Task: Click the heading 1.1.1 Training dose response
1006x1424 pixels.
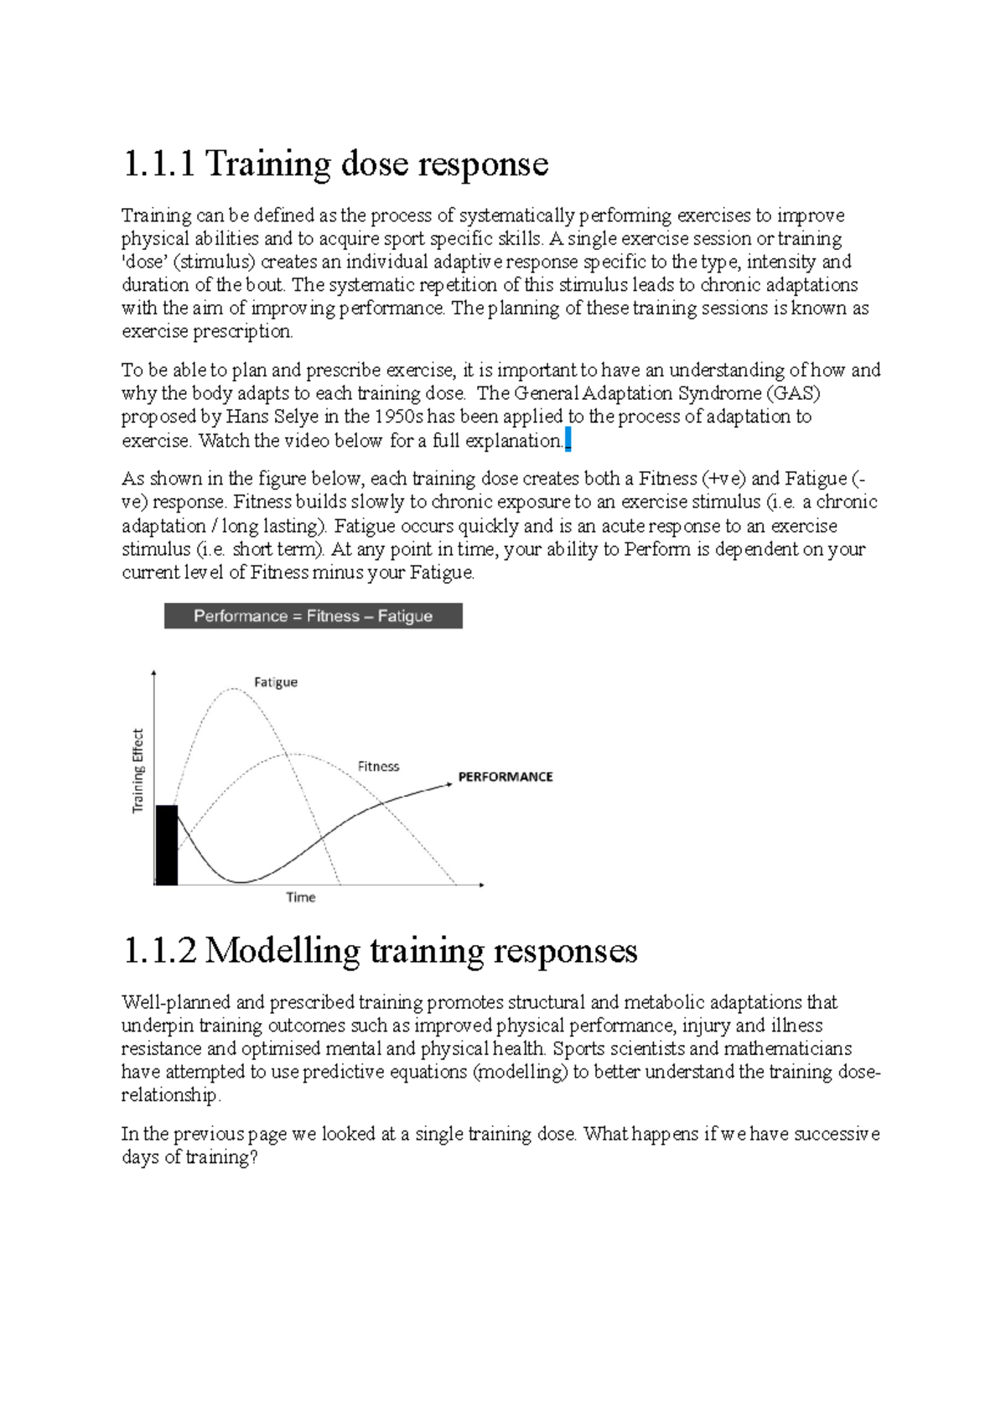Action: (335, 164)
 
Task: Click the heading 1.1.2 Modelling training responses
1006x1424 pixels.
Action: (380, 951)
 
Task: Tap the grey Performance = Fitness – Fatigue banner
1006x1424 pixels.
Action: (313, 616)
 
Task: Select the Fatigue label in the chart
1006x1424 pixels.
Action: (276, 682)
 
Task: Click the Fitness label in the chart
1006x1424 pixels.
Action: (378, 767)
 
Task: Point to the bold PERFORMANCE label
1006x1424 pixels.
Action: (505, 777)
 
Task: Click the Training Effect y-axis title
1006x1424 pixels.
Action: (138, 771)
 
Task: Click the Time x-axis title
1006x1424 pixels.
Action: (300, 897)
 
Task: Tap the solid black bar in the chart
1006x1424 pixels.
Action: (167, 845)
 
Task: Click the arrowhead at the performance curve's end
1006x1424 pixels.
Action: (449, 784)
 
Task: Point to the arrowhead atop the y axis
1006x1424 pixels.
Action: (154, 673)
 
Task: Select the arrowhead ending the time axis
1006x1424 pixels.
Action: (481, 885)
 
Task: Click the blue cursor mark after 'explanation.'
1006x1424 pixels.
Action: (568, 440)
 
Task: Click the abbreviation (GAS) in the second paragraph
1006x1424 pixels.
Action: (793, 393)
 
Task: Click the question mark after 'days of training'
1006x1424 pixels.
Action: (253, 1158)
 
